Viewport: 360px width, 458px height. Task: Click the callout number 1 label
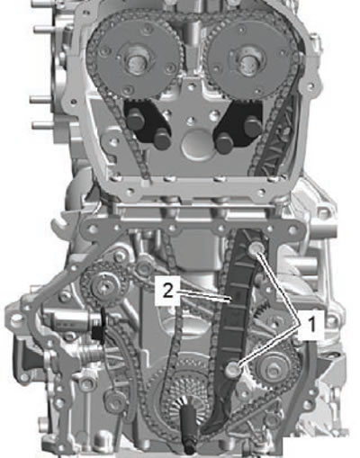312,325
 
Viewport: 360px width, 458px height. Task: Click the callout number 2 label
167,291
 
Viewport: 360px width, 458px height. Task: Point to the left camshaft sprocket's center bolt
134,62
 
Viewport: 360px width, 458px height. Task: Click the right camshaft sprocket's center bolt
247,61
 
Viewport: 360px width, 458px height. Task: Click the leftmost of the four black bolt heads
134,120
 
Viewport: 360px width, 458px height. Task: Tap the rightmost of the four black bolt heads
252,126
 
